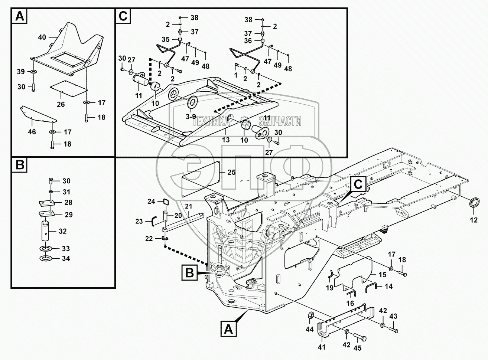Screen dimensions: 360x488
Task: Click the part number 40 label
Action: point(42,37)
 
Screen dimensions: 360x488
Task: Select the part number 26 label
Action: point(61,105)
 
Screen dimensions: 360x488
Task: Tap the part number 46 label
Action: point(32,132)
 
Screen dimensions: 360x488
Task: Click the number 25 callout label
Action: point(231,172)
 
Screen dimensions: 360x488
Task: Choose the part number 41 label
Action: point(321,347)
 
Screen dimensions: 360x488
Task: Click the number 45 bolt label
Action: point(358,348)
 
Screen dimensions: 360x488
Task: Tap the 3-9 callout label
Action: point(190,116)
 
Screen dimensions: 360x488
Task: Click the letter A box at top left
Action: point(19,17)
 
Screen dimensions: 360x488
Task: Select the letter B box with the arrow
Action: point(189,274)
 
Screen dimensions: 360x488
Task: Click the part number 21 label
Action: point(188,206)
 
